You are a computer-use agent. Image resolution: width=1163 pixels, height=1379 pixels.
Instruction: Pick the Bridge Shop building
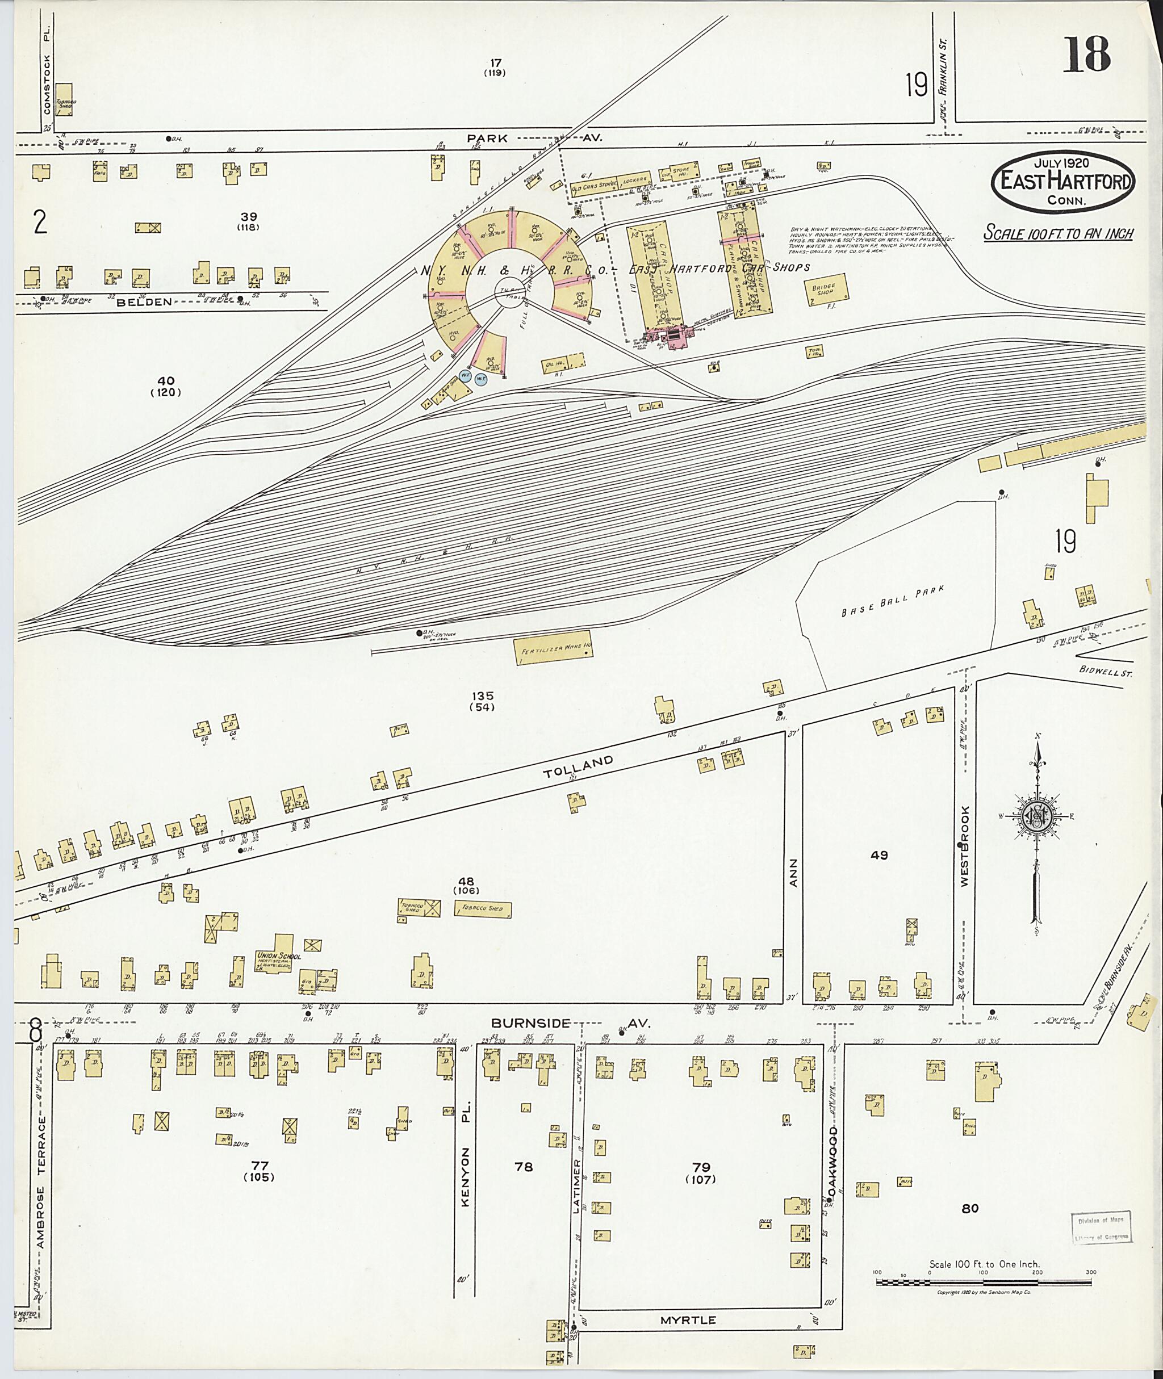click(x=826, y=290)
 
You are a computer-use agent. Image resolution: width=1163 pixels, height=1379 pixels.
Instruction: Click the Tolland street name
click(x=578, y=766)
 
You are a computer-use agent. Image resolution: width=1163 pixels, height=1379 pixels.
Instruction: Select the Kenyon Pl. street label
click(x=466, y=1177)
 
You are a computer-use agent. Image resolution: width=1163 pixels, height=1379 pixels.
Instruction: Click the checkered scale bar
click(x=984, y=1282)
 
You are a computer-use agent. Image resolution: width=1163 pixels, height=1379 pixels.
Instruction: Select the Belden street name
click(x=145, y=302)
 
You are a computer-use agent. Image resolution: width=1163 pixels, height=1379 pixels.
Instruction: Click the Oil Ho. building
click(x=564, y=363)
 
